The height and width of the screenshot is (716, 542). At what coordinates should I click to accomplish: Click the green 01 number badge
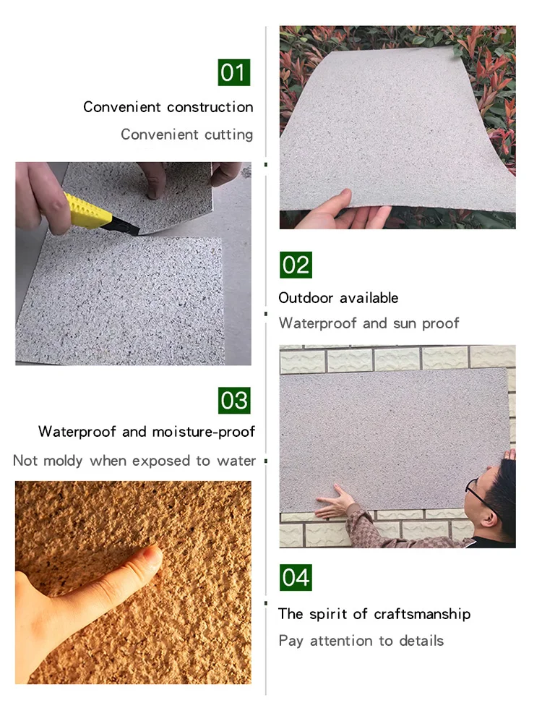pyautogui.click(x=234, y=72)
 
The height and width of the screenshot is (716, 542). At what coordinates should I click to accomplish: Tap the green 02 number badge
pyautogui.click(x=296, y=265)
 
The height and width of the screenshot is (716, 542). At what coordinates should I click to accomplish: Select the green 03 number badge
pyautogui.click(x=234, y=401)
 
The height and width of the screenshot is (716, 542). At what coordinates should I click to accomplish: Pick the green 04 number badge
pyautogui.click(x=296, y=578)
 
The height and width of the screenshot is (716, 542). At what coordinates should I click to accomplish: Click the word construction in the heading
pyautogui.click(x=210, y=107)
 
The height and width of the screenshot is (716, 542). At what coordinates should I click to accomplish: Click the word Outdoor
pyautogui.click(x=306, y=298)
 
